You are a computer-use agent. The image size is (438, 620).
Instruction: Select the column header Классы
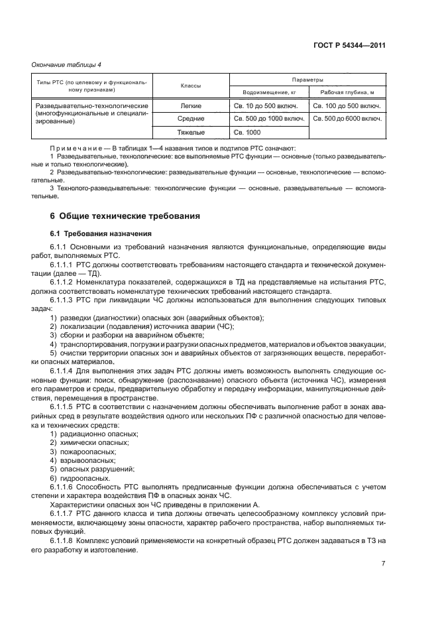191,86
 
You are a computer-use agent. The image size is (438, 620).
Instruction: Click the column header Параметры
307,79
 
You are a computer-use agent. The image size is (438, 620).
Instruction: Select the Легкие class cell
191,105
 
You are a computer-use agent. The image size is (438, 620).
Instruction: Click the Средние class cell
191,119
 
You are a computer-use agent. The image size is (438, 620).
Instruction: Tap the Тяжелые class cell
191,132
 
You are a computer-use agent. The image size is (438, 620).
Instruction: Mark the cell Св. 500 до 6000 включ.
348,119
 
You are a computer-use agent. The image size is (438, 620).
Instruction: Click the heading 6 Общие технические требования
125,216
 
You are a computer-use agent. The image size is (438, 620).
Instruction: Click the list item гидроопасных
82,478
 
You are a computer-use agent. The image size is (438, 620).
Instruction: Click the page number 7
383,563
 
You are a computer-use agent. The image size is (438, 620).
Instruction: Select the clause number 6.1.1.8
64,541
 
